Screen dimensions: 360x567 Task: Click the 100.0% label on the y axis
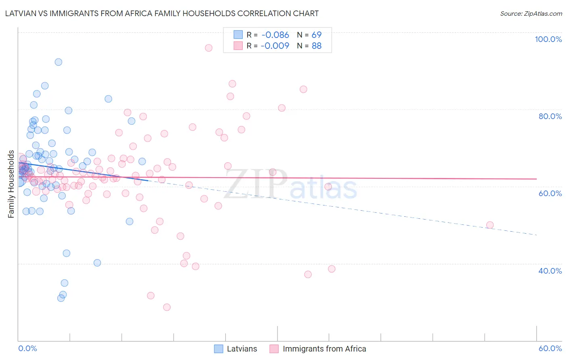click(x=548, y=39)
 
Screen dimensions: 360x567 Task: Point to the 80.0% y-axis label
click(x=550, y=116)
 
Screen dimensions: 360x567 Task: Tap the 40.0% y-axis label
click(x=550, y=271)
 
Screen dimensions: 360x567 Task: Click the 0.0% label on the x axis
click(x=27, y=349)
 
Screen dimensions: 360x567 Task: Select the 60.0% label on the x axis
click(x=550, y=349)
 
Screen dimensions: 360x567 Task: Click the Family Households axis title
click(x=11, y=184)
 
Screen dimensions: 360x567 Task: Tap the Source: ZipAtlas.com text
click(x=531, y=13)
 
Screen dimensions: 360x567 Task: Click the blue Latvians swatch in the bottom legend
click(x=219, y=349)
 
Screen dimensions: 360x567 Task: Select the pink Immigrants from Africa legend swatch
click(x=274, y=349)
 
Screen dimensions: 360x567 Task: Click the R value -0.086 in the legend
click(x=275, y=35)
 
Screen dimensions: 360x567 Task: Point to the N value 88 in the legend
click(x=317, y=46)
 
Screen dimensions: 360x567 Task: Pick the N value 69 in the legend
click(x=317, y=35)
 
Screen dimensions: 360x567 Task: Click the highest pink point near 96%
click(x=208, y=48)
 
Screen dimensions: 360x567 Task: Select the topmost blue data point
click(x=58, y=62)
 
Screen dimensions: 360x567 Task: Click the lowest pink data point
click(x=167, y=307)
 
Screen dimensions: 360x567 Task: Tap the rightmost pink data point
click(x=490, y=225)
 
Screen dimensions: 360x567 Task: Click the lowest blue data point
click(x=61, y=298)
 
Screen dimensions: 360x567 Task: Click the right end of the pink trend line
click(x=536, y=179)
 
